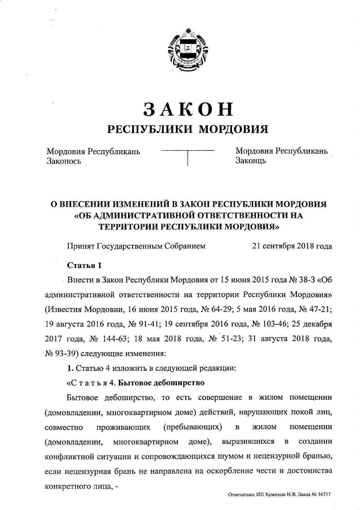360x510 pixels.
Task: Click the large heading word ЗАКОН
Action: (x=188, y=109)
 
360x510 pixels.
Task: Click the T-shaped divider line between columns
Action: (x=188, y=155)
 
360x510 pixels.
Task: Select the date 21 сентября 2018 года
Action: (x=292, y=246)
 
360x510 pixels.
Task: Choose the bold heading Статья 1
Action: (x=84, y=265)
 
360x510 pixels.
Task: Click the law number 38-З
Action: (x=308, y=281)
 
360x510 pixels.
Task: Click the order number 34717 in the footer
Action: (x=322, y=494)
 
